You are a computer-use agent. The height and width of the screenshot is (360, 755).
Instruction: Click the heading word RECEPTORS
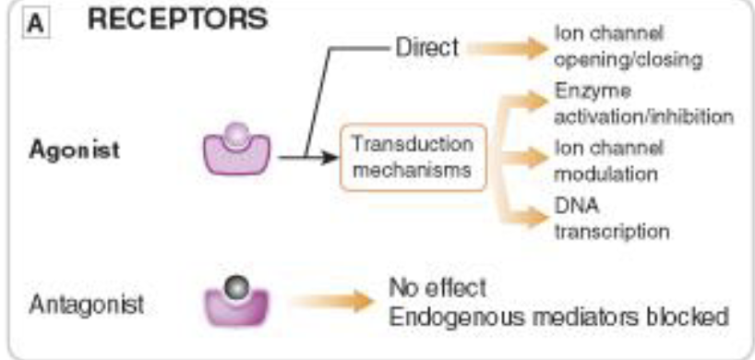pos(178,19)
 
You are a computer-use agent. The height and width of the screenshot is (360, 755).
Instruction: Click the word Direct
pos(426,47)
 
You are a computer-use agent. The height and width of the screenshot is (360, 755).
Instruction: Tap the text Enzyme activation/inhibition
pos(644,105)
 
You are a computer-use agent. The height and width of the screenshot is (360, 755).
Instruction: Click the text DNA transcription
pos(611,216)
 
